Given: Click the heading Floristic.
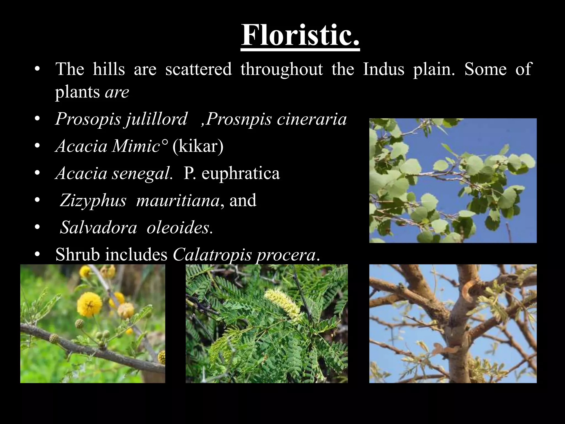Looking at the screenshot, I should coord(300,36).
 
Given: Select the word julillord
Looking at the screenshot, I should coord(156,119).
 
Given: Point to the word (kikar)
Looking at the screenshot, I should coord(198,146).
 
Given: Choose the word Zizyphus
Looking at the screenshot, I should coord(93,200).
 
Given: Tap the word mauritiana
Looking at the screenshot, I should coord(178,200).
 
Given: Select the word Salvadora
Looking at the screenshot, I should coord(98,228).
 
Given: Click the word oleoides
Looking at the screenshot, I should coord(179,228).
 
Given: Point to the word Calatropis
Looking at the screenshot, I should coord(212,255).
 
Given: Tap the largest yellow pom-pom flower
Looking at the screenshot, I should coord(91,304).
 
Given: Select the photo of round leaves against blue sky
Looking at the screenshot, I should coord(453,181).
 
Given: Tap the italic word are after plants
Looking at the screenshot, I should coord(117,92).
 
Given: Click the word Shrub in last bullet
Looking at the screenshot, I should coord(78,255).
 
